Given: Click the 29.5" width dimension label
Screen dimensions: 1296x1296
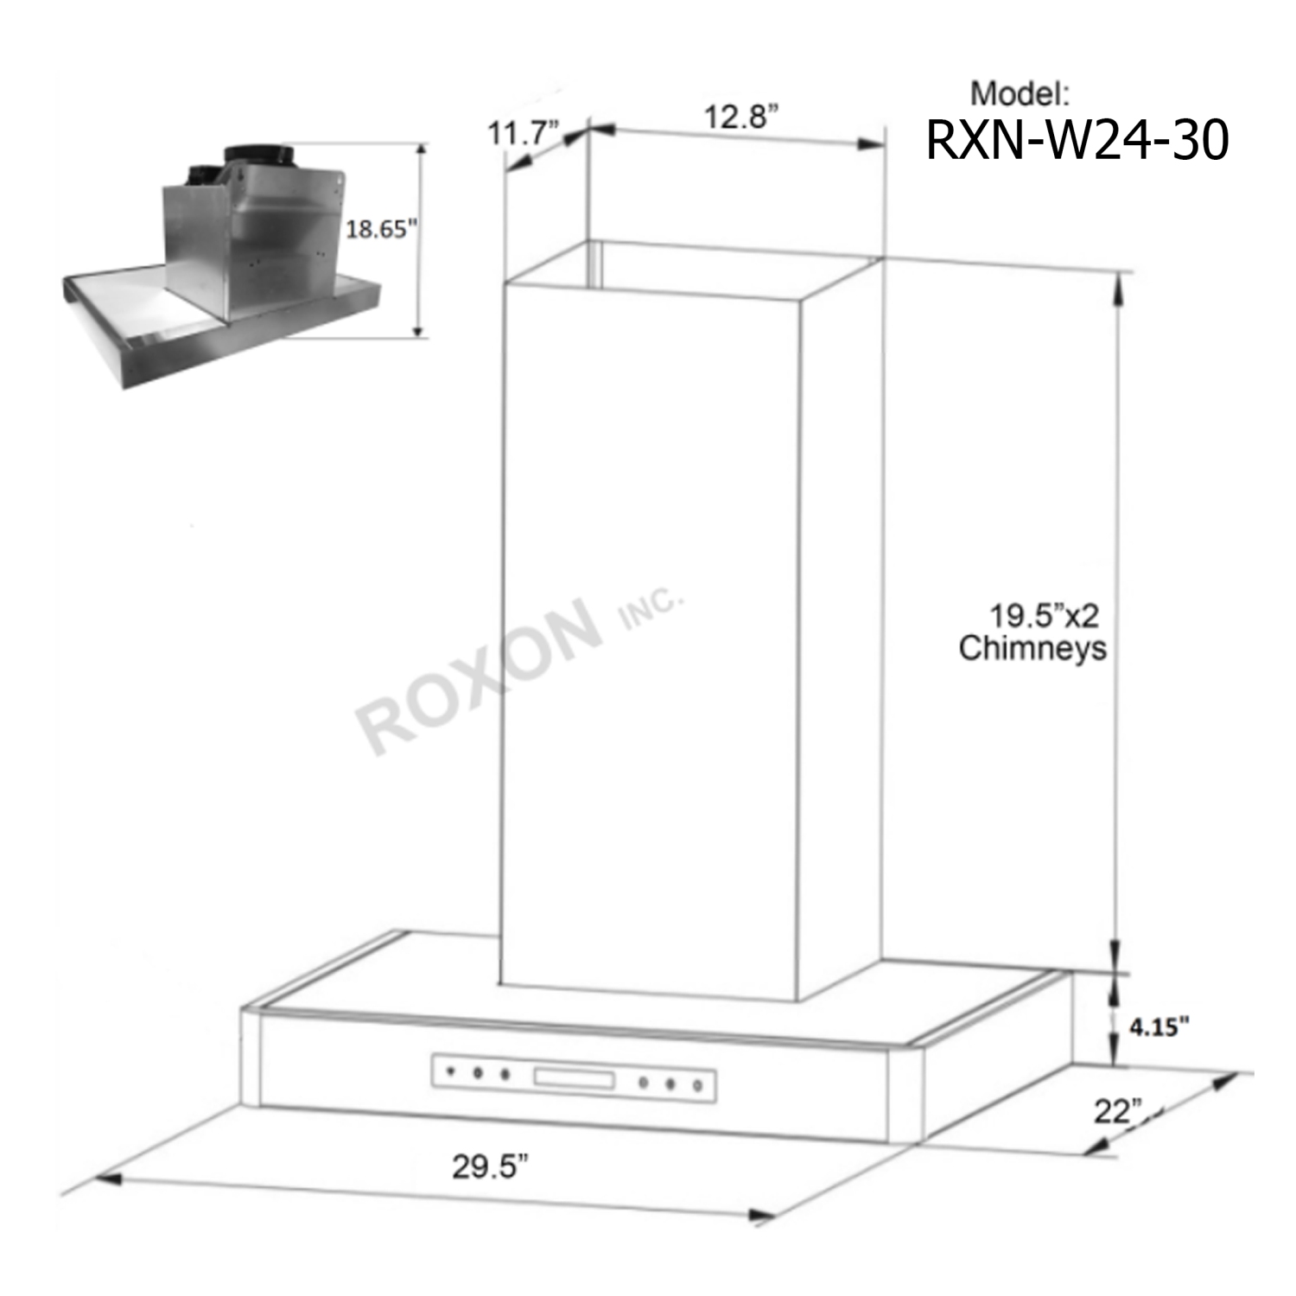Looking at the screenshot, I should [x=490, y=1166].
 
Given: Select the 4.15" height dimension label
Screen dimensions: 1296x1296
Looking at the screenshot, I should [x=1159, y=1026].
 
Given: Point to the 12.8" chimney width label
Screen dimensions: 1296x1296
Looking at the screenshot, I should [x=740, y=117].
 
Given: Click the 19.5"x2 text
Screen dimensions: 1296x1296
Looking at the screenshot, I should [x=1044, y=616].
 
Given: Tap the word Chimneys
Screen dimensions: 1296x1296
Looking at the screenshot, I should [x=1032, y=648].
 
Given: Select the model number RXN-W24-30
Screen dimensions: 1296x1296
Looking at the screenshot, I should [x=1077, y=140].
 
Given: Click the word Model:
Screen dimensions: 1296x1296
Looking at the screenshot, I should [x=1020, y=93].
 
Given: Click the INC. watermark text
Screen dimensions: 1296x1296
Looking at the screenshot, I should [x=652, y=608].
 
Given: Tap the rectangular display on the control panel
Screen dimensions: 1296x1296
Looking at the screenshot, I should [x=574, y=1079].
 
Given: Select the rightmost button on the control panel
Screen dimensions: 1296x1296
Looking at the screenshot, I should [x=698, y=1086].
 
